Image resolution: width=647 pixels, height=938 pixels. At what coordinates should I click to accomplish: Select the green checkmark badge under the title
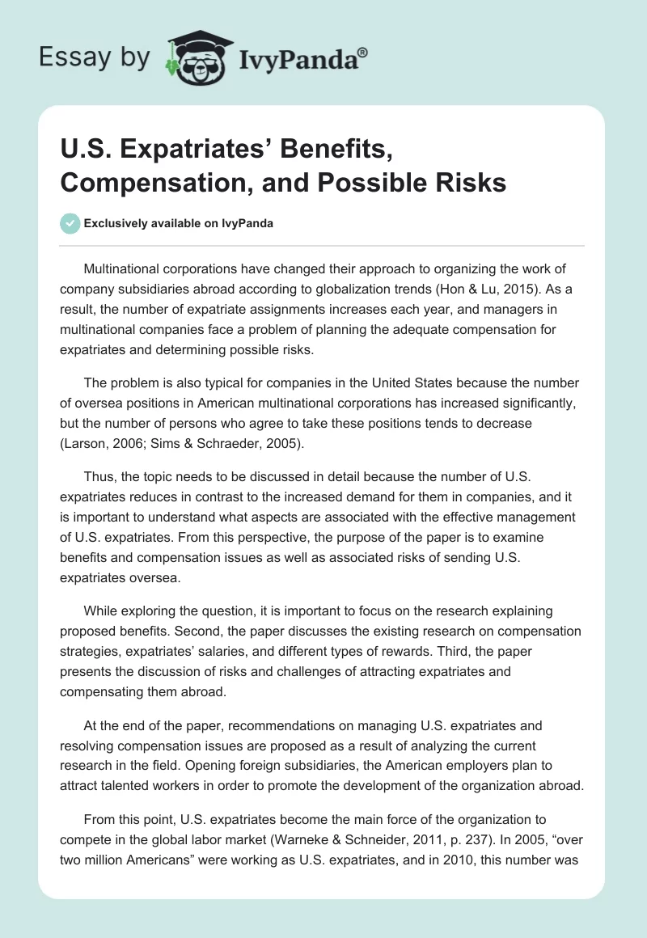point(70,223)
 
